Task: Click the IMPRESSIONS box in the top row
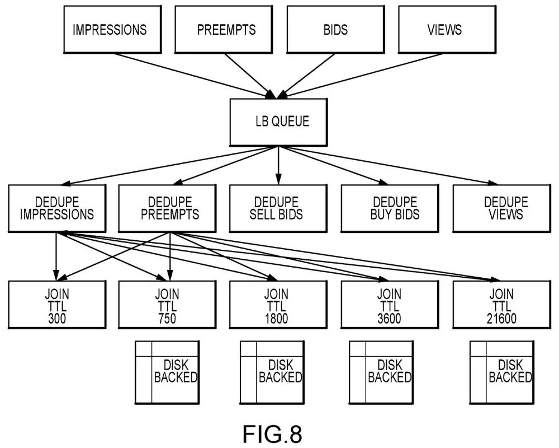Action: click(x=112, y=29)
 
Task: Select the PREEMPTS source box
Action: click(x=224, y=29)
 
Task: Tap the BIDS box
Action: click(x=335, y=29)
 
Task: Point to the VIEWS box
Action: click(x=447, y=29)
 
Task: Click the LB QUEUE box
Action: click(x=278, y=122)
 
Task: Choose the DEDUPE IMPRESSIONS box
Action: click(x=57, y=208)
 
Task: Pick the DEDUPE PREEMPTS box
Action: click(x=167, y=208)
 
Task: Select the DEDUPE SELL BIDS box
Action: click(x=278, y=208)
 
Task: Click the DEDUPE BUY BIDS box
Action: click(x=390, y=208)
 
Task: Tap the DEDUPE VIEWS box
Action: click(x=501, y=208)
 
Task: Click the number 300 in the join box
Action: click(x=57, y=318)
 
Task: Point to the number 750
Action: click(x=167, y=318)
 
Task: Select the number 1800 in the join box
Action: click(x=276, y=318)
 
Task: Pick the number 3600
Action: click(x=389, y=318)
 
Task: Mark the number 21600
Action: click(x=501, y=318)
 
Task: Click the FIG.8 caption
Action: click(x=272, y=434)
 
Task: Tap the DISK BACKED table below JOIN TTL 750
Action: click(x=167, y=372)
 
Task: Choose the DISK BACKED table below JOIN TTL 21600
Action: click(x=501, y=372)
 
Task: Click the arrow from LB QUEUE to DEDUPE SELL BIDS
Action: click(x=278, y=165)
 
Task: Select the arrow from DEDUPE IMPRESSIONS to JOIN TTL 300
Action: click(x=56, y=256)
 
